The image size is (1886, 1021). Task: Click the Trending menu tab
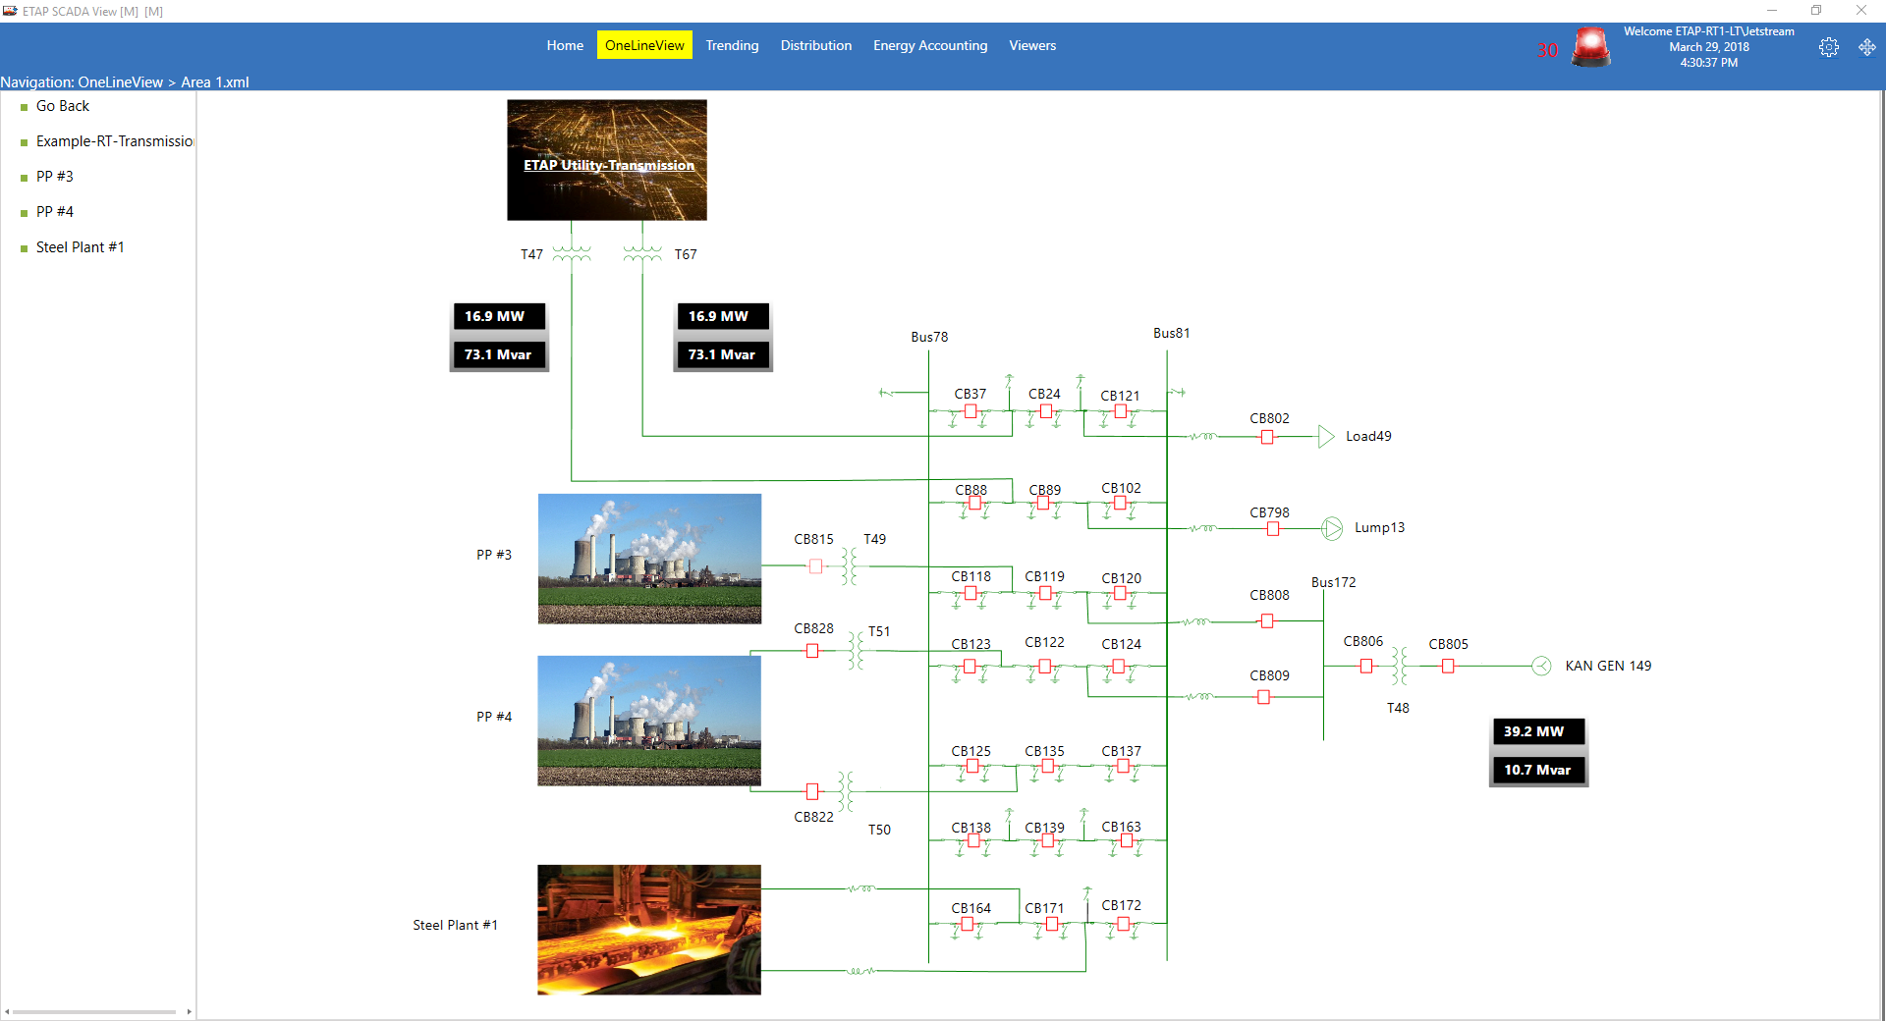pyautogui.click(x=732, y=45)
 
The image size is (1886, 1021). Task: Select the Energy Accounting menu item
pyautogui.click(x=929, y=45)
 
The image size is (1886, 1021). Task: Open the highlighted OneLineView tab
pyautogui.click(x=644, y=45)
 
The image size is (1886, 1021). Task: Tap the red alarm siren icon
pyautogui.click(x=1590, y=47)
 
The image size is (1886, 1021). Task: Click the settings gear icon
pyautogui.click(x=1828, y=47)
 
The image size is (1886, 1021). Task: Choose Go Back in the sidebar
pyautogui.click(x=62, y=106)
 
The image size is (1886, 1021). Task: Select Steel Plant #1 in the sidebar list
pyautogui.click(x=80, y=247)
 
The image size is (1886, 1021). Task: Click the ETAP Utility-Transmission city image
pyautogui.click(x=607, y=160)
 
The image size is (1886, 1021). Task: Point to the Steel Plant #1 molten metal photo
pyautogui.click(x=649, y=930)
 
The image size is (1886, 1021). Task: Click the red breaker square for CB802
pyautogui.click(x=1267, y=437)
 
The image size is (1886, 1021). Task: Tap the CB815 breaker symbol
pyautogui.click(x=815, y=566)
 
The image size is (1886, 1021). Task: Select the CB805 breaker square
pyautogui.click(x=1448, y=667)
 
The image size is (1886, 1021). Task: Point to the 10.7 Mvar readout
pyautogui.click(x=1537, y=770)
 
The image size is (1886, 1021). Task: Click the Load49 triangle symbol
pyautogui.click(x=1326, y=436)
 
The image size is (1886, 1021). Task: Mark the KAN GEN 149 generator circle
pyautogui.click(x=1541, y=667)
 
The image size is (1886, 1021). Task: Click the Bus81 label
pyautogui.click(x=1171, y=333)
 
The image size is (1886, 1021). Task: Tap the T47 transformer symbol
pyautogui.click(x=572, y=254)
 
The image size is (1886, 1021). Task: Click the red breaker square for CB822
pyautogui.click(x=812, y=791)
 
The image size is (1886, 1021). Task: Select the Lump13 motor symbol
pyautogui.click(x=1332, y=528)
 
